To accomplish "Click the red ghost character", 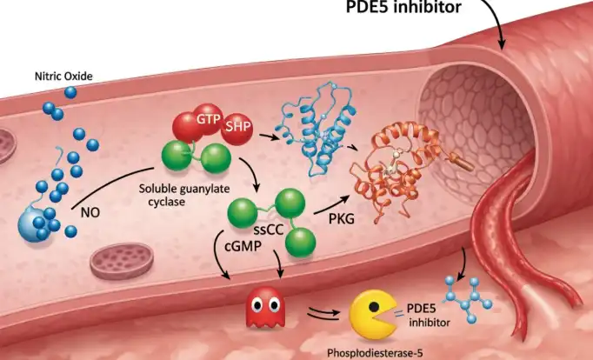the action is [265, 307].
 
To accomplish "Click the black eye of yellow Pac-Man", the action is [374, 306].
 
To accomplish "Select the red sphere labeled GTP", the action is [208, 119].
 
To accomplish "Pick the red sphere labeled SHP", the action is [237, 129].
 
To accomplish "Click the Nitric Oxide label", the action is [63, 77].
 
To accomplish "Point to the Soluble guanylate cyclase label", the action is [183, 195].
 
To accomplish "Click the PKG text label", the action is [342, 218].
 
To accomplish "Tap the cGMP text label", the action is [243, 246].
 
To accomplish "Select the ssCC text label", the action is [269, 230].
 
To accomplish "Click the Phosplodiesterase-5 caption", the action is [375, 353].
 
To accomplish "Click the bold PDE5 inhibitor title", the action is [403, 7].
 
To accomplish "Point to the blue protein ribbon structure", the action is [316, 129].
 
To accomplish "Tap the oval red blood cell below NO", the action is [122, 261].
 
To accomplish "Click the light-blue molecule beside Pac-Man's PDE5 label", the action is [468, 299].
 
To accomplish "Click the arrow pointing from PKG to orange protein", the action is [331, 205].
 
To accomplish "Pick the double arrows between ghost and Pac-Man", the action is [323, 313].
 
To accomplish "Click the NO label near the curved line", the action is [90, 212].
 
